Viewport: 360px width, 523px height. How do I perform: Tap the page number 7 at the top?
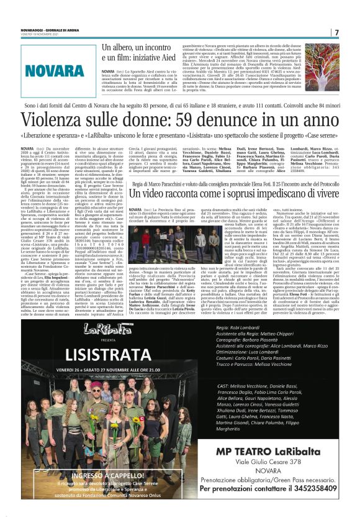336,32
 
